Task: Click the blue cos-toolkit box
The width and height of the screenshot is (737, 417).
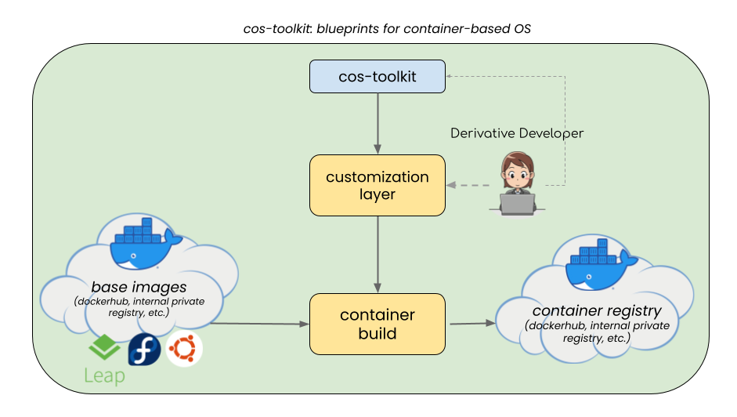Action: (378, 76)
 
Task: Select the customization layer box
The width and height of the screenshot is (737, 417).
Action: (378, 185)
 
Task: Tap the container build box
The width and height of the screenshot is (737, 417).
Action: (378, 324)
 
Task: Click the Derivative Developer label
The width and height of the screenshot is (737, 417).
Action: (517, 133)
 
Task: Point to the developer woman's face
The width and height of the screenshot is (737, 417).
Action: (517, 170)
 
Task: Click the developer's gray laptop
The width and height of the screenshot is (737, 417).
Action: (516, 203)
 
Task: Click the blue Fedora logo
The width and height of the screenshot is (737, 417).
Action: (145, 349)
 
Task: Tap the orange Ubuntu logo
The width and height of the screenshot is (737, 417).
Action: (185, 349)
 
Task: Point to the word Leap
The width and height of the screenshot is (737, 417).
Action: (104, 376)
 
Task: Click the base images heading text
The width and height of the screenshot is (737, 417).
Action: (139, 288)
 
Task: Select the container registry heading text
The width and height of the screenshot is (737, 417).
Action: (597, 311)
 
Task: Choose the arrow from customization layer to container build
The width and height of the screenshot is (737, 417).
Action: (378, 252)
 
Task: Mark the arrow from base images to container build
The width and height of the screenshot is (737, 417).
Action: (258, 323)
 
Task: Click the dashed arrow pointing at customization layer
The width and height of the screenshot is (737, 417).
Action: (470, 186)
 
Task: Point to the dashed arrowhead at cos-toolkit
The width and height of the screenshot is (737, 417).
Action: (451, 76)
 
